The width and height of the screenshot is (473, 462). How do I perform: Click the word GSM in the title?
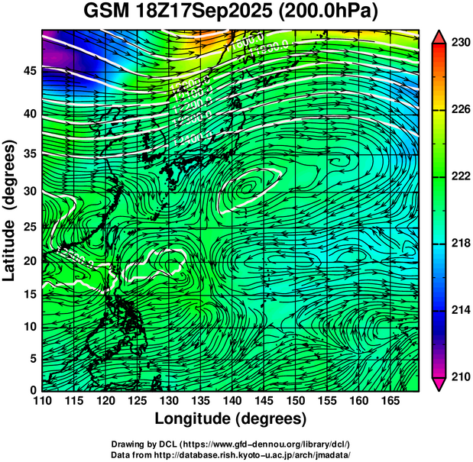[106, 13]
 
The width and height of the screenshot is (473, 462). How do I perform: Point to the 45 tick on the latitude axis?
[28, 71]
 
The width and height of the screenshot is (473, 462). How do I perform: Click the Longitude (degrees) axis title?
[231, 419]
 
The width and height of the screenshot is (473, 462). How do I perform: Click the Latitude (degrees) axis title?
[10, 210]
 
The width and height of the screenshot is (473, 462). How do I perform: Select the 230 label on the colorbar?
[460, 44]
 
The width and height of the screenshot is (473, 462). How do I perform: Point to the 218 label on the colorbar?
[460, 244]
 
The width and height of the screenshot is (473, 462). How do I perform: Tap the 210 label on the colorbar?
[460, 376]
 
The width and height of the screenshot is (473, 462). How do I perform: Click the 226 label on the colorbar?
[460, 110]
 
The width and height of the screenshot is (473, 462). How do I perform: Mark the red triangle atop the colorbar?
[439, 37]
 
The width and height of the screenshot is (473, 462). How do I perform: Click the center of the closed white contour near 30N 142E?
[248, 186]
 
